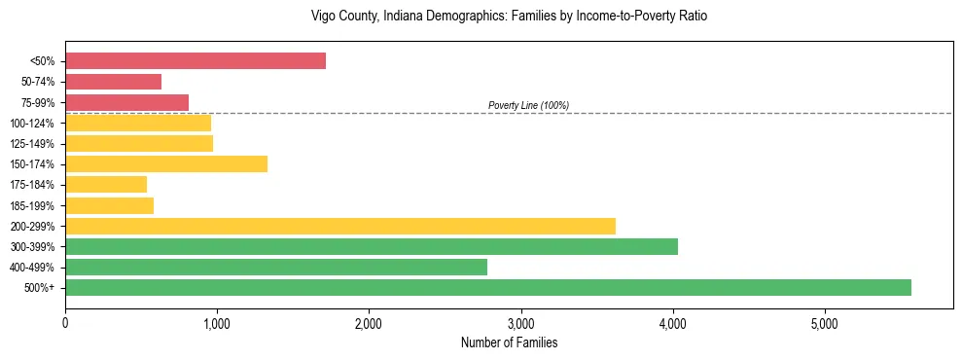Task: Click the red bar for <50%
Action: pyautogui.click(x=196, y=61)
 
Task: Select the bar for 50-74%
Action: pyautogui.click(x=113, y=82)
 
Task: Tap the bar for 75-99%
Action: pyautogui.click(x=126, y=102)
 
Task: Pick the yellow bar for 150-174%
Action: pyautogui.click(x=166, y=163)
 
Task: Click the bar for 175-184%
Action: pyautogui.click(x=106, y=184)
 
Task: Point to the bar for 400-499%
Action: pyautogui.click(x=276, y=267)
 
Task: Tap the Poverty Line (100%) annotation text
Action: pyautogui.click(x=528, y=105)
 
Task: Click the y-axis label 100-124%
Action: pyautogui.click(x=32, y=124)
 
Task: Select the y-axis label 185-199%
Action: pyautogui.click(x=32, y=205)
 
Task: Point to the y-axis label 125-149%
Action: pyautogui.click(x=32, y=144)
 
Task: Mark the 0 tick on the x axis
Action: pyautogui.click(x=65, y=323)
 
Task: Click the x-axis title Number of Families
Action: pyautogui.click(x=509, y=342)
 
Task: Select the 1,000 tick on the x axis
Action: pyautogui.click(x=217, y=323)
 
